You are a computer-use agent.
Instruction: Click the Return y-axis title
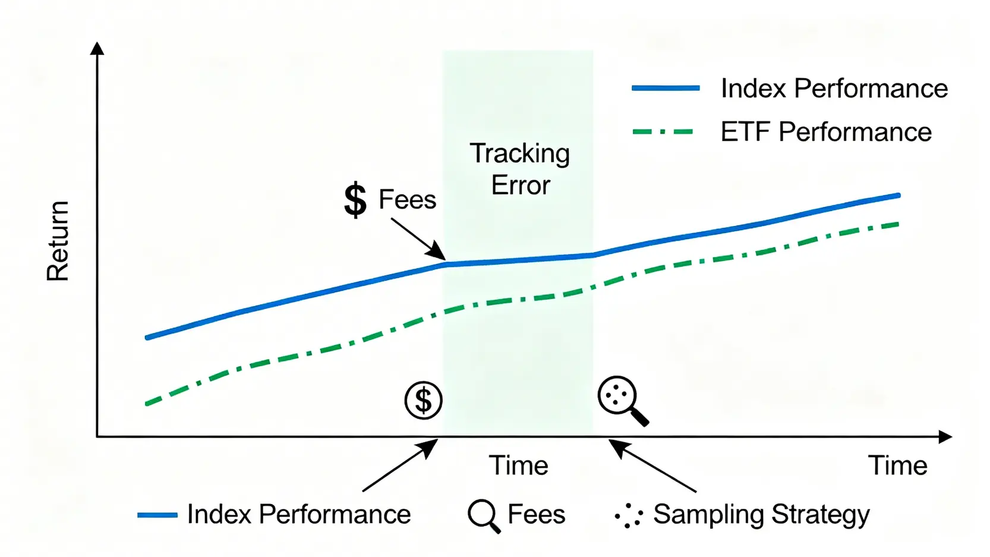click(58, 241)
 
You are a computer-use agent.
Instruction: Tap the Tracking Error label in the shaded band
click(520, 169)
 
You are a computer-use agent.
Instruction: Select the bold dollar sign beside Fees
click(355, 200)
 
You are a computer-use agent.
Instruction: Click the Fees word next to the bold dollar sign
click(408, 199)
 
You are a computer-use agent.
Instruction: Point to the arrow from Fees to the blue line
click(418, 239)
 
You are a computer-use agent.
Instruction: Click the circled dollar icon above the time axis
click(424, 401)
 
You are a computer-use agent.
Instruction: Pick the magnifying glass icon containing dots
click(623, 401)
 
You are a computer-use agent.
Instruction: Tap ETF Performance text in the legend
click(827, 132)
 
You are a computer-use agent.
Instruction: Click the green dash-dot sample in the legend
click(663, 132)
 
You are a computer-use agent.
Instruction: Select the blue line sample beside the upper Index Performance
click(666, 88)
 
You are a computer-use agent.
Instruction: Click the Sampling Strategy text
click(761, 515)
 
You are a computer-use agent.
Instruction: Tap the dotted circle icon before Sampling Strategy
click(629, 515)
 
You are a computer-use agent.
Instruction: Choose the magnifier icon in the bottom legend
click(484, 516)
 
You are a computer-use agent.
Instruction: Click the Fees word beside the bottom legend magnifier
click(537, 514)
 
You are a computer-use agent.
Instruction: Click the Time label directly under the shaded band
click(518, 465)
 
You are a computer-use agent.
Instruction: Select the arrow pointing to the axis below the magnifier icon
click(652, 465)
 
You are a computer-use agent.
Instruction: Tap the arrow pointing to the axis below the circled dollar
click(401, 465)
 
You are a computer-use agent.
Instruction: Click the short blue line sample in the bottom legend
click(157, 515)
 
